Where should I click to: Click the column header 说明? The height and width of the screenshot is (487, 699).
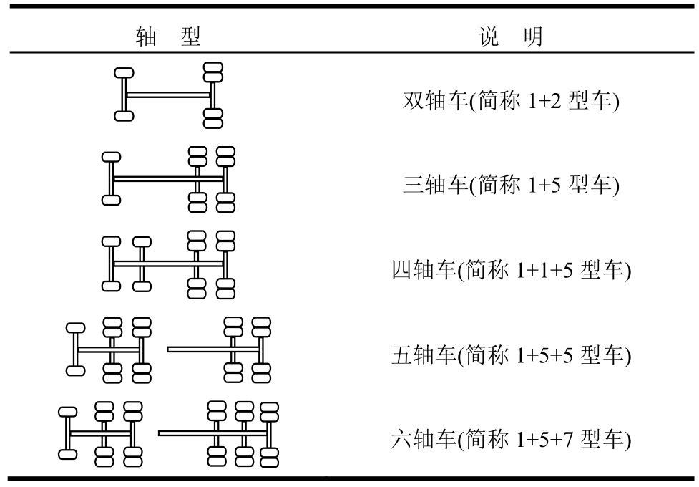click(509, 34)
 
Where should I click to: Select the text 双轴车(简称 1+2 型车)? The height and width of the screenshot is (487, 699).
click(510, 101)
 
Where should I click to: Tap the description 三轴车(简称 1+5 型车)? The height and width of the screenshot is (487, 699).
click(510, 185)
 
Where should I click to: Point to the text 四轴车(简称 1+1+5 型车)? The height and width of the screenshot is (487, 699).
click(510, 270)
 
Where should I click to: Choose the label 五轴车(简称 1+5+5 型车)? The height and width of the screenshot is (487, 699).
click(510, 354)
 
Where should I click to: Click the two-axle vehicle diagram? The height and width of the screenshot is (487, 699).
click(169, 95)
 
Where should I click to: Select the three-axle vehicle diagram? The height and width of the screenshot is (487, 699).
click(169, 179)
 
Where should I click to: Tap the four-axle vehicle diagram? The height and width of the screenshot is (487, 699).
click(169, 264)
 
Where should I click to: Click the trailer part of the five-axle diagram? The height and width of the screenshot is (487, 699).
click(222, 349)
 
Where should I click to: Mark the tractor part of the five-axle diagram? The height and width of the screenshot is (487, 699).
click(109, 349)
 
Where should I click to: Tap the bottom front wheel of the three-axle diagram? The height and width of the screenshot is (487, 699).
click(111, 201)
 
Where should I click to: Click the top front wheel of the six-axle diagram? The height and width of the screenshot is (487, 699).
click(67, 412)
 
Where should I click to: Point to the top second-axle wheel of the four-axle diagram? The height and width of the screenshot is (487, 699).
click(142, 241)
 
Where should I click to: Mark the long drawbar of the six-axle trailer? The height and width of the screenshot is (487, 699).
click(182, 433)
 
